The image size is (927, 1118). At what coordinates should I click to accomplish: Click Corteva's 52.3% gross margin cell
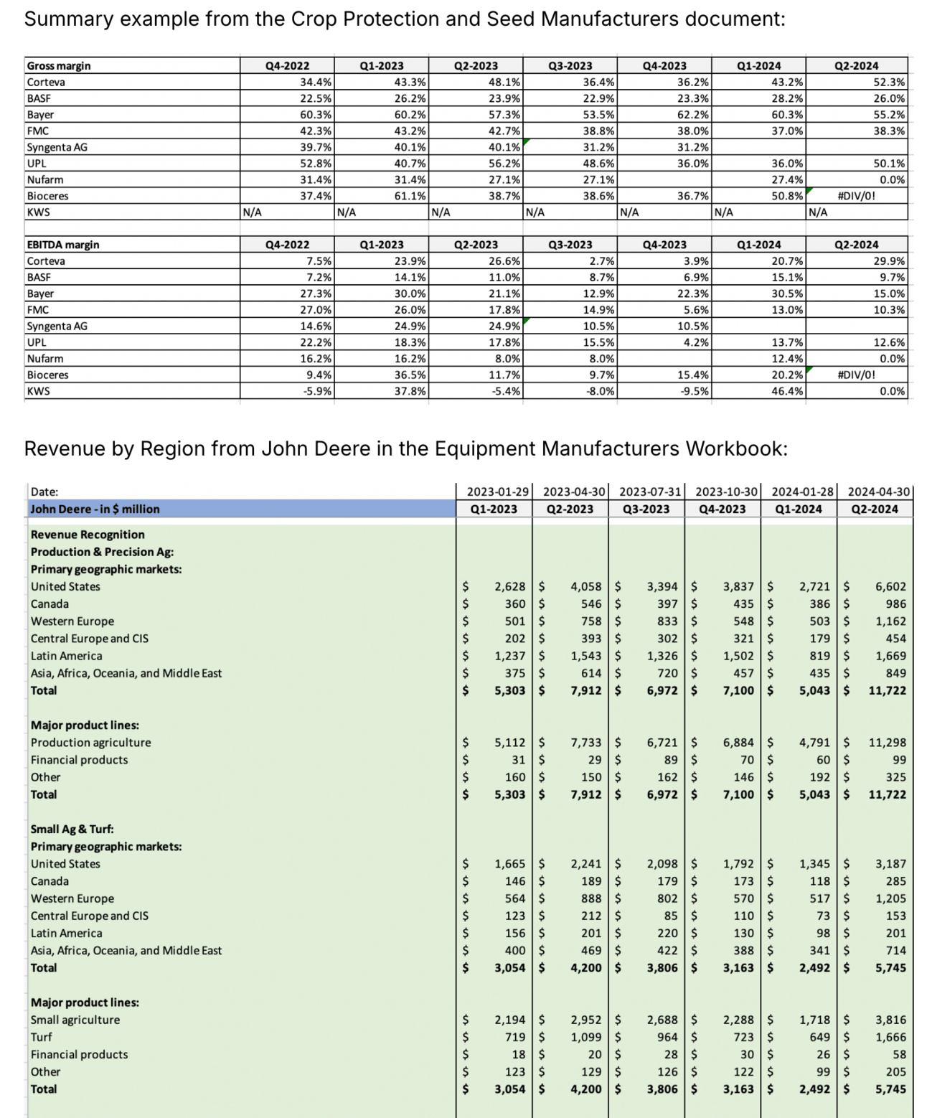(889, 82)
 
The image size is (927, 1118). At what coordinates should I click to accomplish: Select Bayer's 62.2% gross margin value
(693, 115)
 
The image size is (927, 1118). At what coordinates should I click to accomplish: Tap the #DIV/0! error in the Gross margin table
(856, 196)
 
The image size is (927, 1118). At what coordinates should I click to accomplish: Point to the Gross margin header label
(59, 66)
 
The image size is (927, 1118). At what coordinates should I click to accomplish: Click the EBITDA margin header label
(63, 245)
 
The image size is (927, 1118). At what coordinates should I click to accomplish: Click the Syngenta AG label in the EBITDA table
(57, 326)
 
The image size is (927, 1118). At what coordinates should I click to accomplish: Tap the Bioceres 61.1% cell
(410, 196)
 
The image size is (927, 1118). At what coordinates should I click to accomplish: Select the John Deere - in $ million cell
(95, 509)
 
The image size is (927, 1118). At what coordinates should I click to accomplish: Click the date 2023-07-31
(646, 492)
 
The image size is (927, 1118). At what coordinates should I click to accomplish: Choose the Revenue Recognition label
(88, 535)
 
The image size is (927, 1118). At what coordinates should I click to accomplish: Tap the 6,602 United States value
(890, 586)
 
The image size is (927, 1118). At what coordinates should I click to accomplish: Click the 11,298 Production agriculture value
(887, 743)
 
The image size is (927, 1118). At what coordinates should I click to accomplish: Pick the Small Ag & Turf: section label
(72, 829)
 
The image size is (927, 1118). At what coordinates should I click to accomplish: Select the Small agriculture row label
(75, 1020)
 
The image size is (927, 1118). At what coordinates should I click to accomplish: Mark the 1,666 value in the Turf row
(890, 1037)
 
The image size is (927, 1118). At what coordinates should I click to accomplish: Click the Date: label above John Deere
(44, 492)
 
